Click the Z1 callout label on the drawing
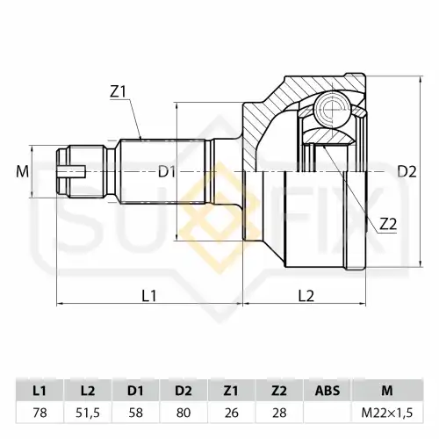pyautogui.click(x=118, y=92)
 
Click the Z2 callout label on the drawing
pyautogui.click(x=388, y=225)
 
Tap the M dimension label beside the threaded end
pyautogui.click(x=23, y=172)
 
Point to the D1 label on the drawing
pyautogui.click(x=167, y=172)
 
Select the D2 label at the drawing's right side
pyautogui.click(x=407, y=172)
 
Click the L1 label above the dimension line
pyautogui.click(x=149, y=296)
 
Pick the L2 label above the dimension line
pyautogui.click(x=306, y=296)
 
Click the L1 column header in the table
pyautogui.click(x=40, y=391)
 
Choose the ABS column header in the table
pyautogui.click(x=327, y=391)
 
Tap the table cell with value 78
pyautogui.click(x=40, y=413)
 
